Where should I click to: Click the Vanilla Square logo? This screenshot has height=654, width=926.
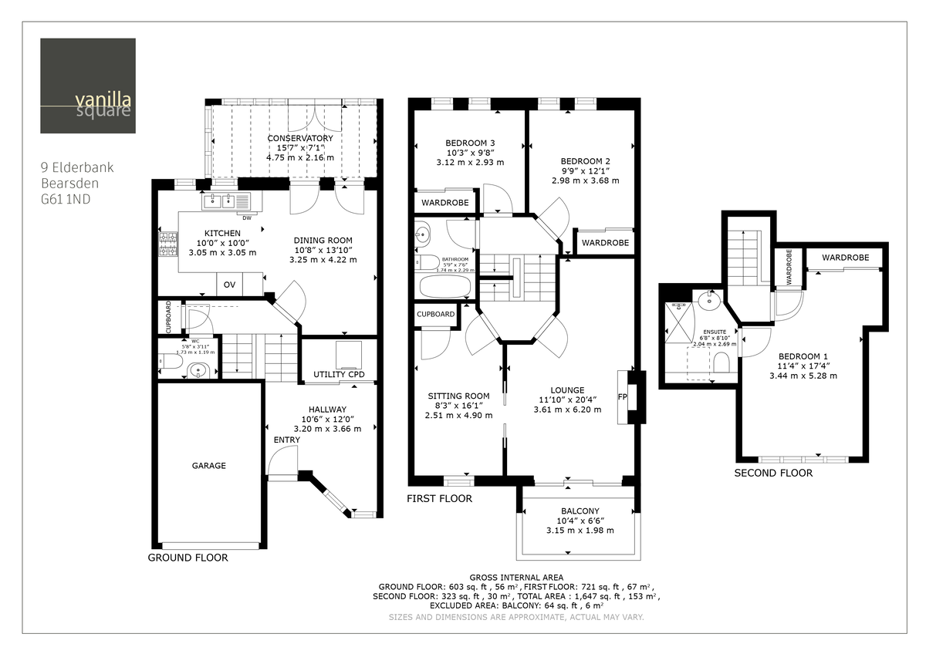(x=88, y=86)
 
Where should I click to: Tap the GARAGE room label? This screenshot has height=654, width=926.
(x=208, y=466)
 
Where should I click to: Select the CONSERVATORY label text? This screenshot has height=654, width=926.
(x=300, y=138)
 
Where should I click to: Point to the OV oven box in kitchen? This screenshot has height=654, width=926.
(x=229, y=285)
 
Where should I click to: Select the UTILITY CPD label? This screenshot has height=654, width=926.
(x=339, y=375)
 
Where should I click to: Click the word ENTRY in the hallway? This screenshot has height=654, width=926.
(x=286, y=440)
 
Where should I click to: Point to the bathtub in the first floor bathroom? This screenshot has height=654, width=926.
(x=444, y=287)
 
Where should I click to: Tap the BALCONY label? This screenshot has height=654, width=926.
(x=580, y=511)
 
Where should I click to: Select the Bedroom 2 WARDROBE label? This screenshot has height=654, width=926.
(x=605, y=242)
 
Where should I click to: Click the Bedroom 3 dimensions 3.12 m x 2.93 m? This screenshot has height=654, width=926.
(x=469, y=162)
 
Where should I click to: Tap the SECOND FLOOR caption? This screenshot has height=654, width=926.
(x=773, y=473)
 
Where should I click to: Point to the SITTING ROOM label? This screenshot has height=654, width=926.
(x=458, y=396)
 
